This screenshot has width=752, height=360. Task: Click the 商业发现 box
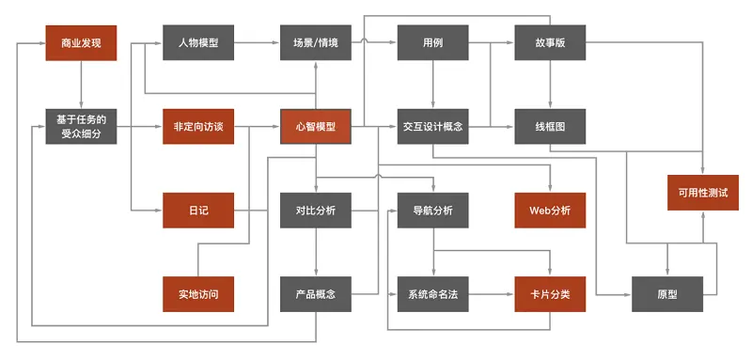[x=81, y=43]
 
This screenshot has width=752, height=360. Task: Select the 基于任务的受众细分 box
[x=81, y=127]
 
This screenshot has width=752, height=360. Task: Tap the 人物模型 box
[x=198, y=43]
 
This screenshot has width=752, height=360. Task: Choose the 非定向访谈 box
[x=198, y=127]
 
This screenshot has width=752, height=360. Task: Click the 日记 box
[x=198, y=211]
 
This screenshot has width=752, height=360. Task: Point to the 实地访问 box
[x=198, y=294]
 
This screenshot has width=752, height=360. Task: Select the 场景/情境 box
[x=316, y=43]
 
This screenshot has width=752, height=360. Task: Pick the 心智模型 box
[x=316, y=127]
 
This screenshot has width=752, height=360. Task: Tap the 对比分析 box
[x=316, y=211]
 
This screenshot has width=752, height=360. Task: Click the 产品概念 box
[x=316, y=294]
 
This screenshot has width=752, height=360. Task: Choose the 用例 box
[x=432, y=43]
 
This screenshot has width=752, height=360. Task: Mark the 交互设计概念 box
[x=432, y=127]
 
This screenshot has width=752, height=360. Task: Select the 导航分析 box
[x=432, y=211]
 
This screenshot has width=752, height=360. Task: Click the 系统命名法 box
[x=432, y=294]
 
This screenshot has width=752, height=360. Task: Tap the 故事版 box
[x=550, y=43]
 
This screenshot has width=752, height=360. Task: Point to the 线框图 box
[x=550, y=127]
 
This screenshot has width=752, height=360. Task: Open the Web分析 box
[x=550, y=211]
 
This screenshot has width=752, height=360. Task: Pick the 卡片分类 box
[x=550, y=294]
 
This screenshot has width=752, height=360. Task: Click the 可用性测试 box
[x=703, y=192]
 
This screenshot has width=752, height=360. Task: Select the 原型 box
[x=667, y=294]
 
